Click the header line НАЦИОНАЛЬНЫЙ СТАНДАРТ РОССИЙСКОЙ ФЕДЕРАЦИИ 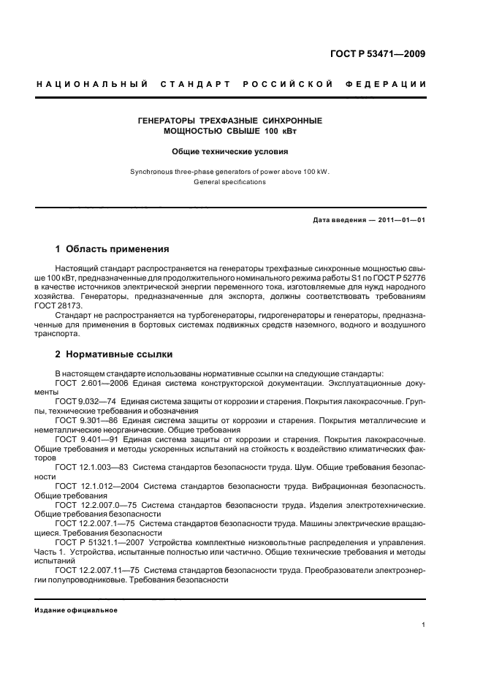(x=232, y=85)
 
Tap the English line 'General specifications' (x=230, y=181)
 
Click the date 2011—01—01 (x=401, y=220)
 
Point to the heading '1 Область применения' (x=113, y=248)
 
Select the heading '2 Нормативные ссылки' (x=114, y=354)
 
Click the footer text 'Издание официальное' (x=76, y=609)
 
